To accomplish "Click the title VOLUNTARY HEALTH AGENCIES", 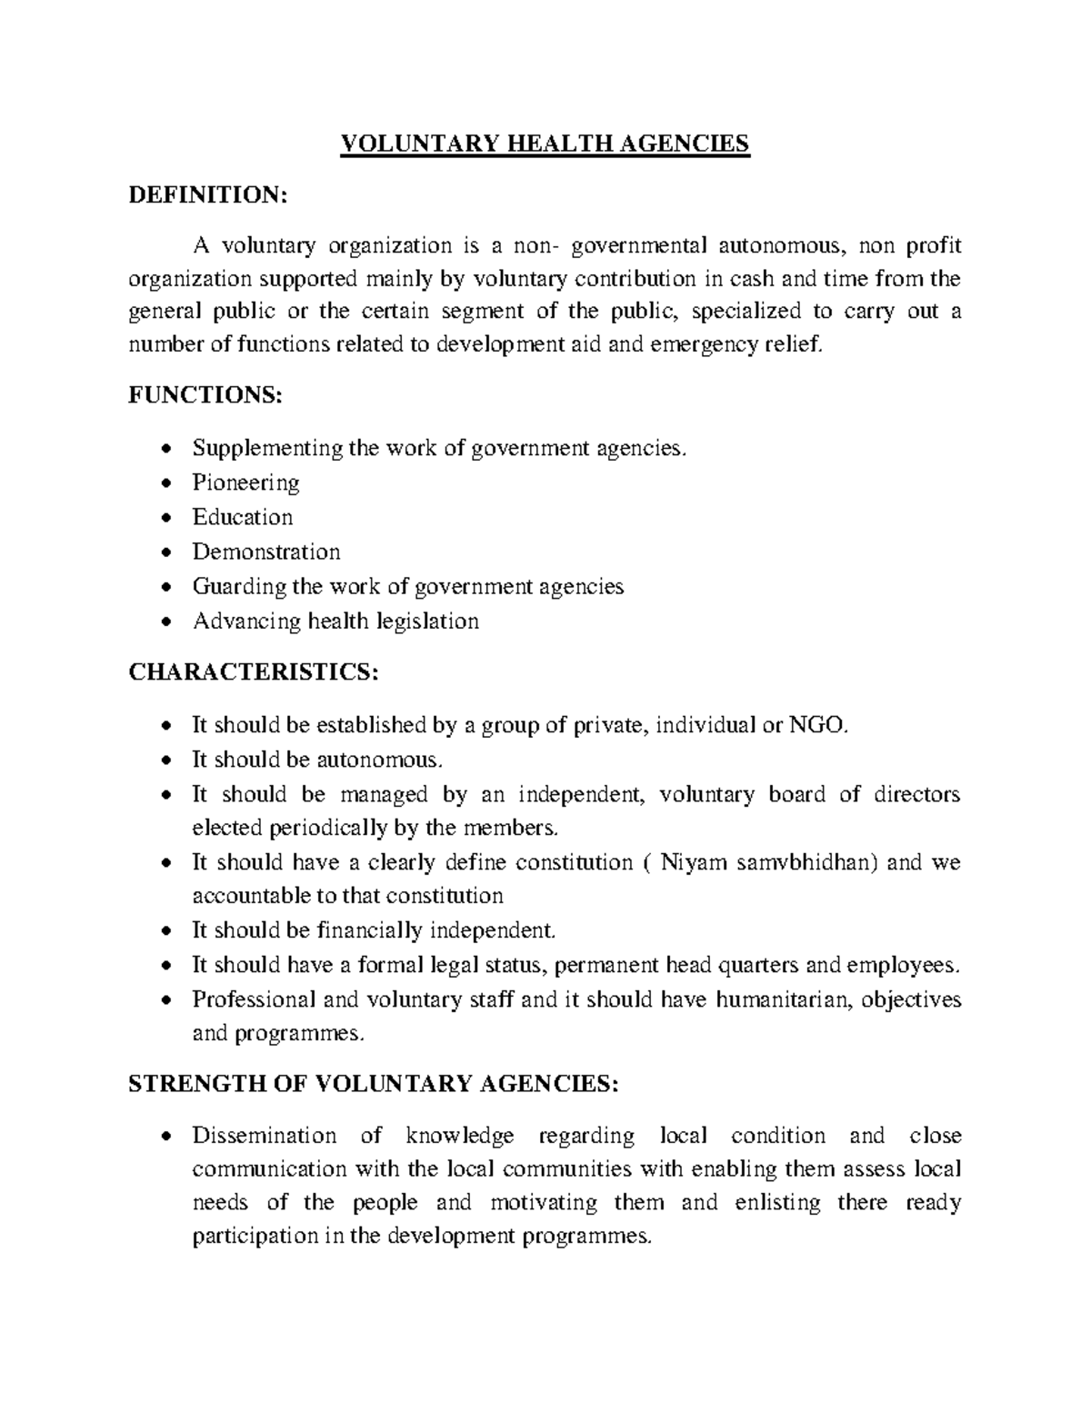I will tap(545, 144).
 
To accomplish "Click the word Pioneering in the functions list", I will tap(245, 482).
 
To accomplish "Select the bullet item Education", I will tap(243, 517).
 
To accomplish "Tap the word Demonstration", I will tap(266, 551).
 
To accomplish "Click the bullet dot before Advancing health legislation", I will tap(164, 622).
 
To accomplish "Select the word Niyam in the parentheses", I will tap(694, 861).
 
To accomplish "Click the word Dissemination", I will tap(264, 1136).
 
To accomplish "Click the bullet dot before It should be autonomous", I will tap(164, 760).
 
